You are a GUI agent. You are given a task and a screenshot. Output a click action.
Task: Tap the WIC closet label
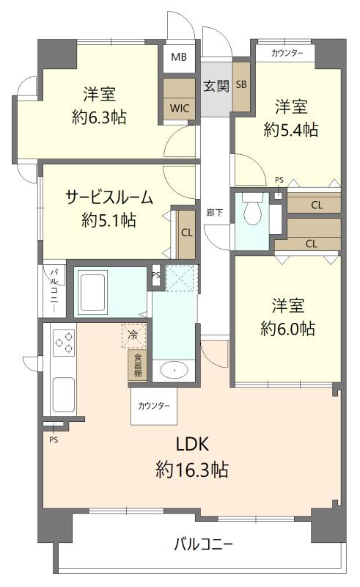[178, 107]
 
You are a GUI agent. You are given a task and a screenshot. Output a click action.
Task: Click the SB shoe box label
[241, 84]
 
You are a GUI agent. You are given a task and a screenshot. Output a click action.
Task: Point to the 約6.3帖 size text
[99, 117]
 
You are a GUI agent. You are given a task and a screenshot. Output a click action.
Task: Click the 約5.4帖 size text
[291, 130]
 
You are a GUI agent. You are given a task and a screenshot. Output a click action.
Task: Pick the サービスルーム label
[109, 197]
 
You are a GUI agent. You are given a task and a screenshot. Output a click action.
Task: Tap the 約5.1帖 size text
[109, 219]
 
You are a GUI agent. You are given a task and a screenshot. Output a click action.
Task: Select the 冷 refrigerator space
[133, 335]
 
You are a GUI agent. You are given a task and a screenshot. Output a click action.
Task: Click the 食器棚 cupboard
[137, 365]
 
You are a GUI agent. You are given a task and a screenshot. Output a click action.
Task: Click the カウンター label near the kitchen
[154, 406]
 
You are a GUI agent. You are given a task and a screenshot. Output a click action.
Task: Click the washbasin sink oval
[174, 371]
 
